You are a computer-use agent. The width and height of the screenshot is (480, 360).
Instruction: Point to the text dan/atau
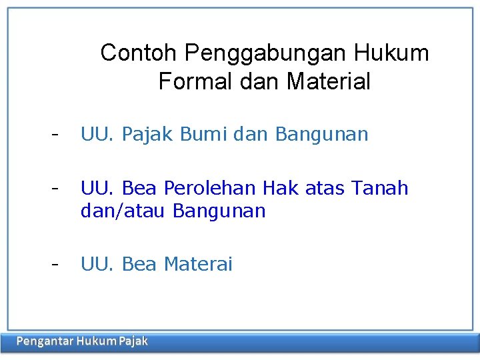[123, 211]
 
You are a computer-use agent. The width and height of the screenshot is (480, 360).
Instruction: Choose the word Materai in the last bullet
[198, 265]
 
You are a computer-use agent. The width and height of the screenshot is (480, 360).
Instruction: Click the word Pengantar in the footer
[44, 342]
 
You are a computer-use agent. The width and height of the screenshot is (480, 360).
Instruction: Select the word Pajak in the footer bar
[133, 342]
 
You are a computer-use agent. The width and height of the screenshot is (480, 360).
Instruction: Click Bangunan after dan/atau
[219, 211]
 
